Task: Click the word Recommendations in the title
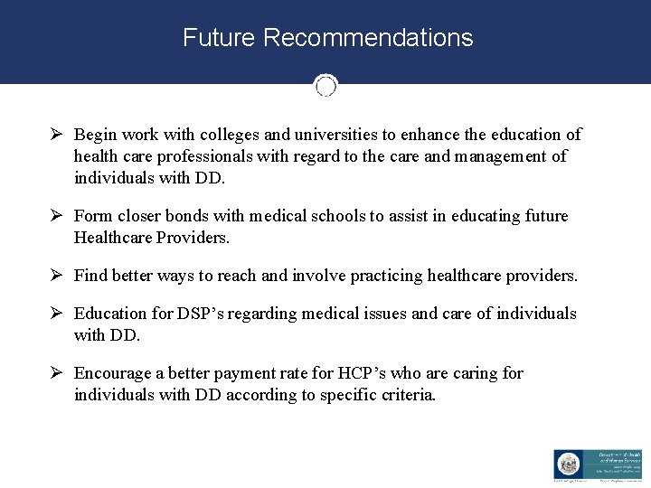pyautogui.click(x=368, y=38)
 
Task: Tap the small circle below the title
pyautogui.click(x=325, y=86)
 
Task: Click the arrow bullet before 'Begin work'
pyautogui.click(x=57, y=135)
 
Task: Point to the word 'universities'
pyautogui.click(x=335, y=135)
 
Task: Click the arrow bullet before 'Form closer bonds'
pyautogui.click(x=57, y=216)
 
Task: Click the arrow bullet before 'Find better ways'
pyautogui.click(x=57, y=276)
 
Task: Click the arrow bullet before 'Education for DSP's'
pyautogui.click(x=57, y=314)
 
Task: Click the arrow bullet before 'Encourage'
pyautogui.click(x=57, y=373)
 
